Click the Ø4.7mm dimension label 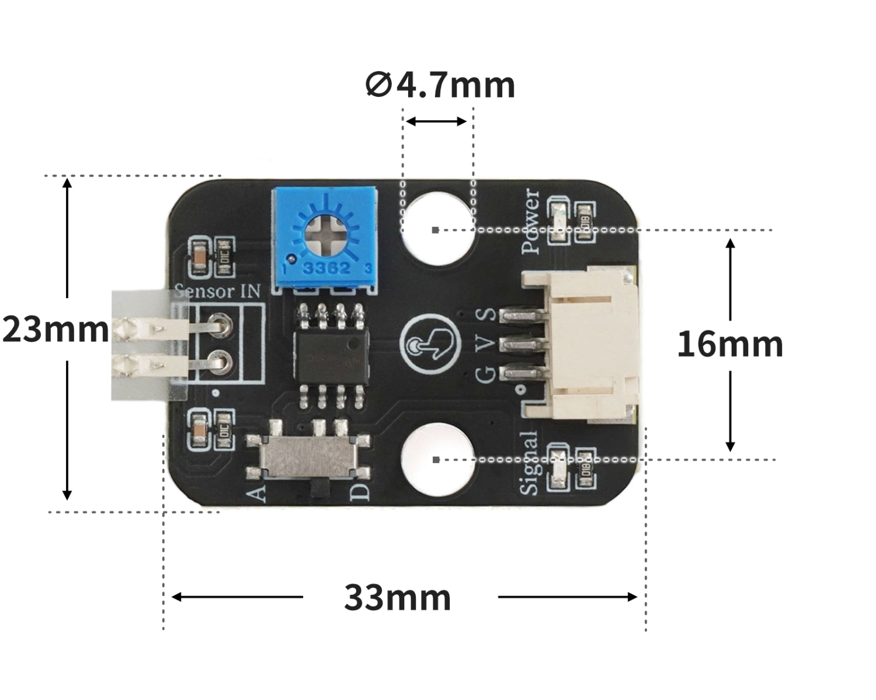(440, 85)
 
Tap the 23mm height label (55, 330)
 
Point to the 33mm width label (398, 597)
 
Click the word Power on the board (531, 222)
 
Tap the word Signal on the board (529, 463)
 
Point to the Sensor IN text (218, 291)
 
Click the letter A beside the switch (257, 493)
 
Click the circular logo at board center (427, 345)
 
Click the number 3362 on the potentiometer (326, 269)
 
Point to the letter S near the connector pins (487, 315)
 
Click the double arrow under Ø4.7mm (436, 121)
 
